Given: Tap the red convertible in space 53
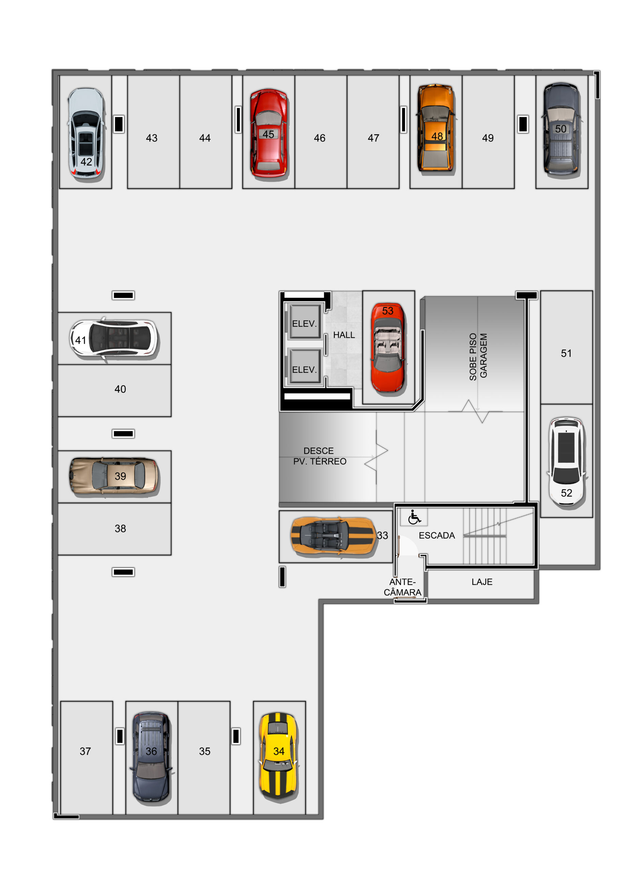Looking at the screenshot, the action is [x=387, y=347].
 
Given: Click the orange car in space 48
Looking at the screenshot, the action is [x=436, y=128].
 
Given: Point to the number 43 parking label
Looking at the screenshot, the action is [x=152, y=138].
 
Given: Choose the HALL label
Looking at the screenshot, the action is [x=344, y=335].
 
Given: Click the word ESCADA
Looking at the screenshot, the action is [x=436, y=535].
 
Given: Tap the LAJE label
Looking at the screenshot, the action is [x=482, y=582].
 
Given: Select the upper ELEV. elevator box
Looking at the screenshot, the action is [x=304, y=322].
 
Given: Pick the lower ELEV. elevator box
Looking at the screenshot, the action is [x=304, y=367].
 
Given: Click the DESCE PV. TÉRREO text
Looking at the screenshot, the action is [x=320, y=456].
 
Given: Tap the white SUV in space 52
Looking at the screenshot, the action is [x=566, y=462].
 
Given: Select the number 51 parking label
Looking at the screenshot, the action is [x=566, y=353].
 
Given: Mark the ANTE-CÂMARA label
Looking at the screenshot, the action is [x=402, y=587].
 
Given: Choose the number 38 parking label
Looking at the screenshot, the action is [x=120, y=528].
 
